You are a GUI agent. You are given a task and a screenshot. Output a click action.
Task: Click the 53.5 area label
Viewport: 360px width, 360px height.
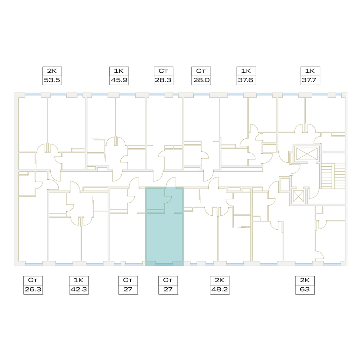point(52,80)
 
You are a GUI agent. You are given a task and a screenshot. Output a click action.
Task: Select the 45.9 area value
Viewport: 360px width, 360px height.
point(119,80)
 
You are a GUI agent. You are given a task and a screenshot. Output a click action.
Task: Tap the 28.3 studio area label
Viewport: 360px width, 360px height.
point(163,80)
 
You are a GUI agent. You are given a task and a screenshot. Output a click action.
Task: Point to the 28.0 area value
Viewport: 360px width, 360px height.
point(201,80)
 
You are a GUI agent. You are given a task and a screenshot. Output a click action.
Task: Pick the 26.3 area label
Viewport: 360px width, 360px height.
point(33,289)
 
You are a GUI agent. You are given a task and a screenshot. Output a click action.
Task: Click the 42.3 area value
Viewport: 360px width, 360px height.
point(79,289)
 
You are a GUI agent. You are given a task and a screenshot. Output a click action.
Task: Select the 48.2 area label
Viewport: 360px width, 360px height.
point(220,289)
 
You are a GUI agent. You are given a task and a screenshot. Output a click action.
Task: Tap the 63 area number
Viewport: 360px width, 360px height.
point(305,289)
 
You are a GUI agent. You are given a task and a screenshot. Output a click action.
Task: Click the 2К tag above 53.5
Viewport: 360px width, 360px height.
point(52,71)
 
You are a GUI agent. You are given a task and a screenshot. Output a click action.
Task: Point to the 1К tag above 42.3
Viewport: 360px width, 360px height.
point(78,280)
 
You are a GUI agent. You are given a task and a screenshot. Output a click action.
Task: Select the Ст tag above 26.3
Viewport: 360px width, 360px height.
point(33,280)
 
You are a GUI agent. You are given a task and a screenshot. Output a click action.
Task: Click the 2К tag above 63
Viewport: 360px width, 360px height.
point(305,280)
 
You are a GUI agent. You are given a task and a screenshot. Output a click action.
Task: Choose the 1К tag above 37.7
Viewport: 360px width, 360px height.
point(310,71)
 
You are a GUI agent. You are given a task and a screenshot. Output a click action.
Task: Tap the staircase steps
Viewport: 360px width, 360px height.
point(333,176)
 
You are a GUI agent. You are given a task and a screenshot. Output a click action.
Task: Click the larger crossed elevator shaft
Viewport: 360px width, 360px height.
point(307,154)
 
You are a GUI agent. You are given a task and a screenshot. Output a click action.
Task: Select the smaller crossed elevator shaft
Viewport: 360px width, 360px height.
point(298,197)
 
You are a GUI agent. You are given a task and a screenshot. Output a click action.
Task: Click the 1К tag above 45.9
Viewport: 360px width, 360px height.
point(119,71)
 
